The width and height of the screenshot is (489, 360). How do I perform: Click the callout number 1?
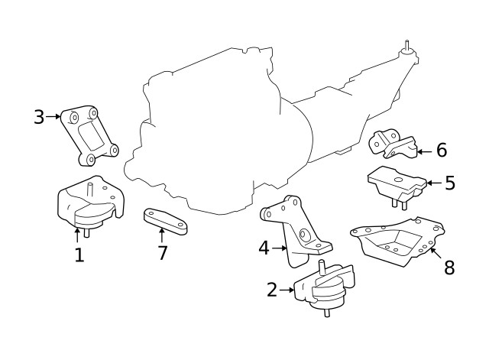coord(79,255)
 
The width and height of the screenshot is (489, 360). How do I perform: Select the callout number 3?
coord(39,117)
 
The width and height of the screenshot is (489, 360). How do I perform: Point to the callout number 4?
coord(264,248)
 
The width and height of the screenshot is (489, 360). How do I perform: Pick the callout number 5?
coord(449,183)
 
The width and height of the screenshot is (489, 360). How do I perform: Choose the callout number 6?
coord(441,151)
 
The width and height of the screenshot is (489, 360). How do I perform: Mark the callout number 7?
coord(162,252)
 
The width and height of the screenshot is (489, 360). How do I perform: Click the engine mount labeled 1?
coord(90,207)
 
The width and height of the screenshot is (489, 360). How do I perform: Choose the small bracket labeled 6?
coord(393,144)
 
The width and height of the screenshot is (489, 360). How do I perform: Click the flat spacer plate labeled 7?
coord(166,221)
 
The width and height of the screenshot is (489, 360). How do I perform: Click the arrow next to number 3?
coord(53,117)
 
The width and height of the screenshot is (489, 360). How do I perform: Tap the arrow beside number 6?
coord(425,151)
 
